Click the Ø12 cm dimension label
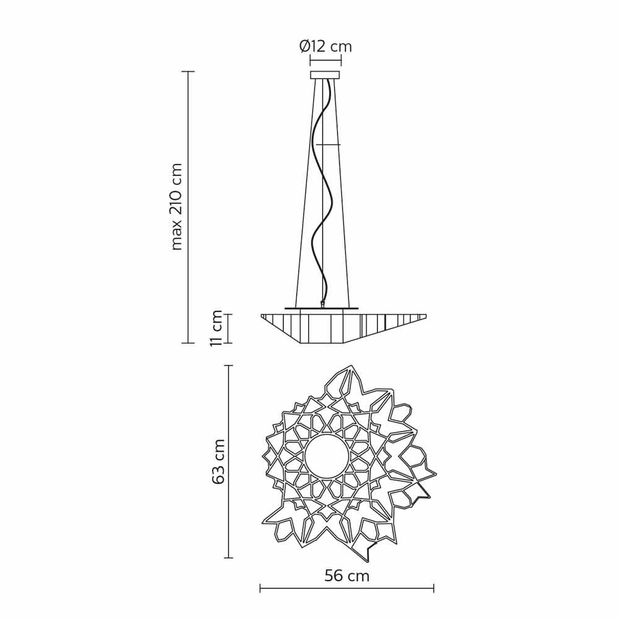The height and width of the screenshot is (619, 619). [326, 46]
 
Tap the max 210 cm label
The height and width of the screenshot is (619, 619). [176, 207]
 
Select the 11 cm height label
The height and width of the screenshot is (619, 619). [216, 328]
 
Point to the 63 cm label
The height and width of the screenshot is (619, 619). [218, 461]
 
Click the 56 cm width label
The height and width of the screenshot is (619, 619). [347, 576]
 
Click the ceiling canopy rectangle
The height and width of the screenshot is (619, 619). [326, 75]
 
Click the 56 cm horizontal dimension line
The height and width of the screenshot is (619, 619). [347, 588]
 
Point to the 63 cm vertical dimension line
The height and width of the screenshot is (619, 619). [228, 461]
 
